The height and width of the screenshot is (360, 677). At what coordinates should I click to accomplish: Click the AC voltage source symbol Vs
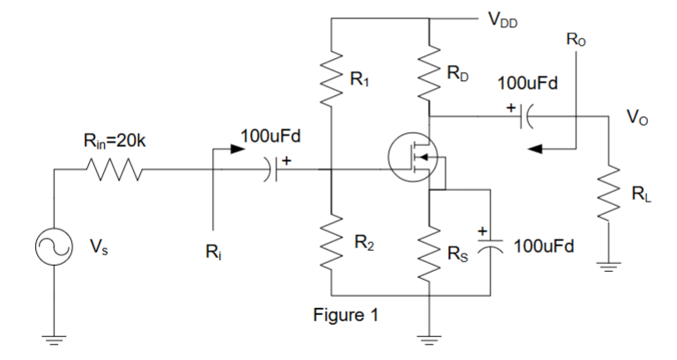click(x=55, y=249)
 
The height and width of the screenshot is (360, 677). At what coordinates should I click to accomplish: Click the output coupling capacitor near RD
click(x=526, y=116)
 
